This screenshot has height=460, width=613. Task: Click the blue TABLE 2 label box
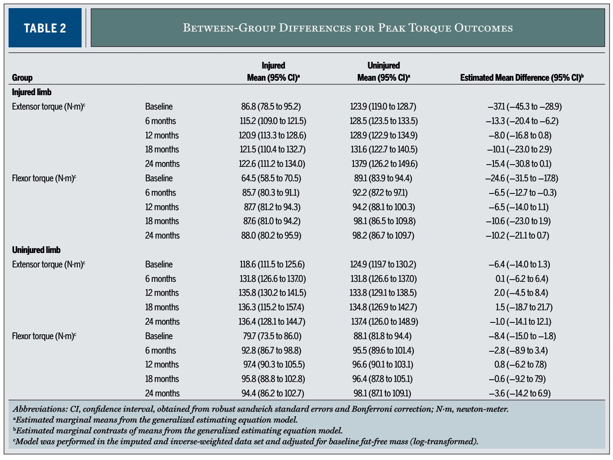click(x=45, y=28)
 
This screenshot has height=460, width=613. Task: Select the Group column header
click(x=22, y=78)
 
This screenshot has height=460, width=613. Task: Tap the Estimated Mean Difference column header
click(x=522, y=78)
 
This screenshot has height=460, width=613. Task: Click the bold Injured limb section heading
click(x=32, y=92)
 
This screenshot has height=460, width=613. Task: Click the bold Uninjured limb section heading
click(x=36, y=250)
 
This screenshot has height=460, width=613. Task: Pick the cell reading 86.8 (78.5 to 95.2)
click(x=271, y=106)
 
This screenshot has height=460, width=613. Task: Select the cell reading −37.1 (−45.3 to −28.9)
click(x=525, y=106)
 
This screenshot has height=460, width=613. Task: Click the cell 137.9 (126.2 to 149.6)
click(x=384, y=164)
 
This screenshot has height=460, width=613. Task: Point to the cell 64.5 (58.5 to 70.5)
click(x=271, y=178)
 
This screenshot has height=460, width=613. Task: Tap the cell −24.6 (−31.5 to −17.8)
click(x=522, y=178)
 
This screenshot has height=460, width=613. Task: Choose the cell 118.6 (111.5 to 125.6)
click(x=272, y=264)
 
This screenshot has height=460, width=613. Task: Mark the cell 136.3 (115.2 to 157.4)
click(x=271, y=307)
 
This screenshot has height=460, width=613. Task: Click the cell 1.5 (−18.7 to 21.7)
click(x=524, y=307)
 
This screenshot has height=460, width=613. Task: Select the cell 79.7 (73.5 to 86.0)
click(x=272, y=336)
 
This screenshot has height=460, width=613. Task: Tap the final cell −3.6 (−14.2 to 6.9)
click(x=519, y=393)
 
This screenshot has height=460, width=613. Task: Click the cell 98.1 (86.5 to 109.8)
click(x=384, y=221)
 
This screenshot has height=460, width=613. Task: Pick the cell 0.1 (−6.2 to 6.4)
click(x=522, y=279)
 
